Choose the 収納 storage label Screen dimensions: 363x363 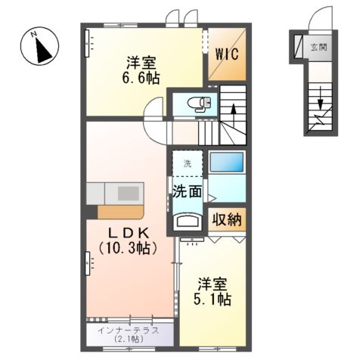[227, 221]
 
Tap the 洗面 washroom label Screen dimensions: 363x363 [186, 191]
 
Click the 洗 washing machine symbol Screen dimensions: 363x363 [186, 163]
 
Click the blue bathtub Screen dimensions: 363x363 [226, 163]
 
